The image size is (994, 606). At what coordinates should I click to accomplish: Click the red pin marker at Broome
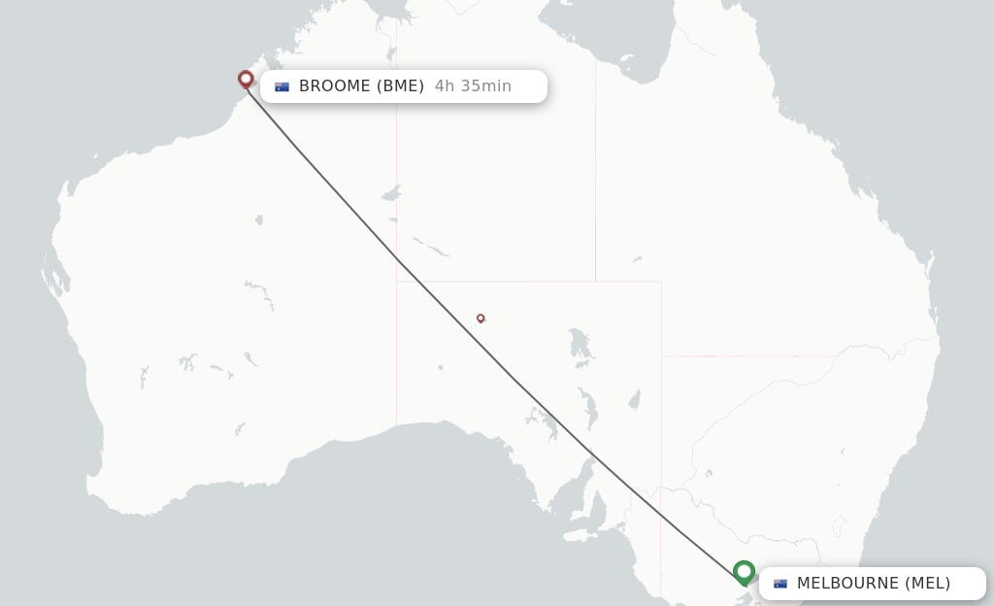tap(246, 79)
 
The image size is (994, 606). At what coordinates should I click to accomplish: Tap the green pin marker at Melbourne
tap(745, 572)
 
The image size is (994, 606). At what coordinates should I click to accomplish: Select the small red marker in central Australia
tap(480, 318)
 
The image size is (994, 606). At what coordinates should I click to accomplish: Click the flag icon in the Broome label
tap(282, 86)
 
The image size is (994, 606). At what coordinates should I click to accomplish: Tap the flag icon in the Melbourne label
tap(780, 584)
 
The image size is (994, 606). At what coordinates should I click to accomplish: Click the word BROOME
tap(335, 86)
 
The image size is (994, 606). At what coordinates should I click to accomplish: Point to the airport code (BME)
tap(401, 86)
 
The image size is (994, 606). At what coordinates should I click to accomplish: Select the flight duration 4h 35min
tap(473, 86)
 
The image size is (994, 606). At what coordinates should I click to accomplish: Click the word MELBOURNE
tap(847, 584)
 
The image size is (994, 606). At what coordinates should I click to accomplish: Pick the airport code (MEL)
tap(928, 584)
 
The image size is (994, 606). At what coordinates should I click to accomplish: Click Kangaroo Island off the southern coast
tap(580, 534)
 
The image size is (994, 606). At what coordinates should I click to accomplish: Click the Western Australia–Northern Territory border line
tap(396, 146)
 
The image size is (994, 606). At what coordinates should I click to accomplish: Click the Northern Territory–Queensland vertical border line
tap(595, 175)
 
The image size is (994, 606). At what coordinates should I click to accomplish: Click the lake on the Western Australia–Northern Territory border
tap(391, 193)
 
